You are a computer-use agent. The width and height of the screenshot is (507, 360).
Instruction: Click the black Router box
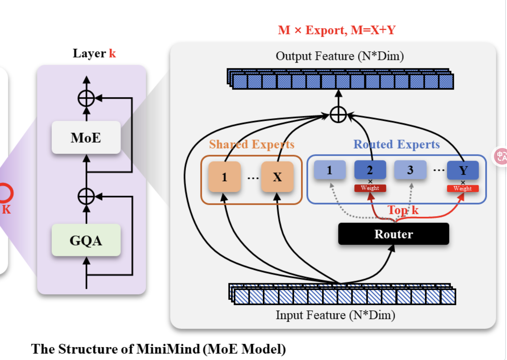point(394,234)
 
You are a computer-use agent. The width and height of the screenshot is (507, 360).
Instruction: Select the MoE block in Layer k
point(86,138)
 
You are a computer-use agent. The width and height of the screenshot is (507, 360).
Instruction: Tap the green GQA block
point(86,240)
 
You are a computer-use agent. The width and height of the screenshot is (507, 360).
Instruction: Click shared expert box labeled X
point(277,177)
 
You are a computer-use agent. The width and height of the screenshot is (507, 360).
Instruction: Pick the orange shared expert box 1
point(224,177)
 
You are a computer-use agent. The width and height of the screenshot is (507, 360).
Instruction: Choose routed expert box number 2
point(370,170)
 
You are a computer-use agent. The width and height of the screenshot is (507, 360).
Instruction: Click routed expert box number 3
point(410,170)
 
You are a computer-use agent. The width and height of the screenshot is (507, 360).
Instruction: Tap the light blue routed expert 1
point(330,170)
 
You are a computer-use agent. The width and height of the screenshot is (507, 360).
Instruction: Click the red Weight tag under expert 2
point(370,188)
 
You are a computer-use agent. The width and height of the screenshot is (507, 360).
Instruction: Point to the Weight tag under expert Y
point(463,189)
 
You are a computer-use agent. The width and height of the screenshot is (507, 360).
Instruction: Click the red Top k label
point(403,210)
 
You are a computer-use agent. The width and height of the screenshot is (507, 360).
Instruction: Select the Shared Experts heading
point(252,144)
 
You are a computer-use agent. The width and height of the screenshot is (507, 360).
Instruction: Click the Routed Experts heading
point(397,144)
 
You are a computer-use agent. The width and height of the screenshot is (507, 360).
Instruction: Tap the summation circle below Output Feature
point(338,115)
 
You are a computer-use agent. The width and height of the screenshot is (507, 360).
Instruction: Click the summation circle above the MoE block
point(86,98)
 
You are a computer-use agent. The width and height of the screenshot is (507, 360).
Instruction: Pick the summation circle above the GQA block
point(86,197)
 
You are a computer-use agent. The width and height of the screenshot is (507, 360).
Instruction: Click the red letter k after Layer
point(113,54)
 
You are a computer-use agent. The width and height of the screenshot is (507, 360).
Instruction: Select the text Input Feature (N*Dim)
point(336,315)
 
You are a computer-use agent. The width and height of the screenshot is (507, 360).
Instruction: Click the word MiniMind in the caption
point(168,349)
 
